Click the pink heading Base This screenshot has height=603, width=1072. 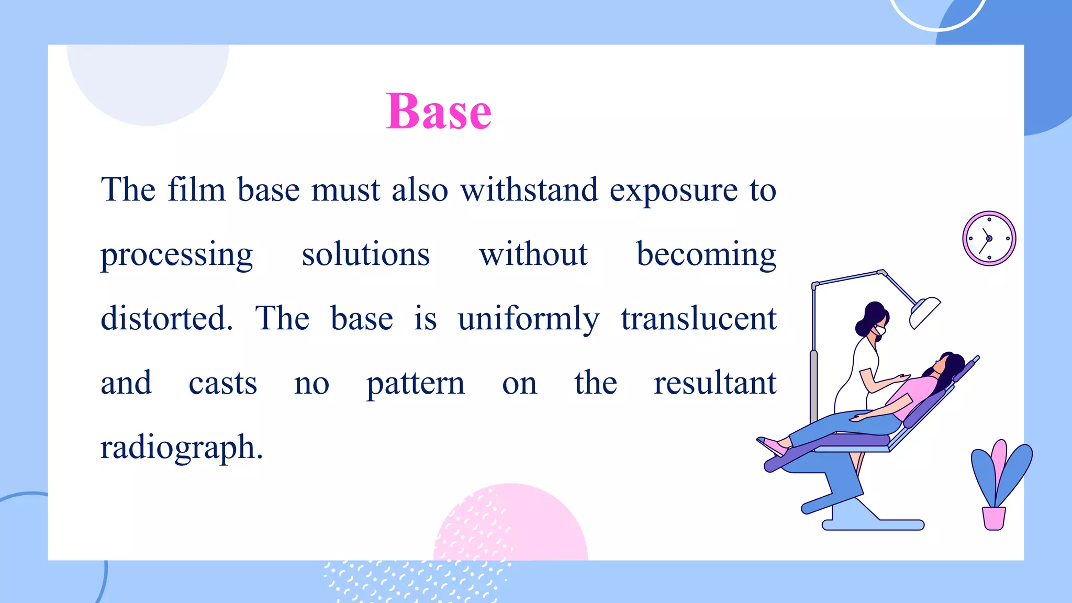point(439,111)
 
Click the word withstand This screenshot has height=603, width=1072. point(529,189)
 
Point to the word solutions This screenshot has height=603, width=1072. point(365,254)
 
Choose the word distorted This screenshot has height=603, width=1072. point(166,318)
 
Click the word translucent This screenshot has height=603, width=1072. point(698,318)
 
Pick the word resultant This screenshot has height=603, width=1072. point(714,383)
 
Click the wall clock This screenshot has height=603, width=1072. point(989,238)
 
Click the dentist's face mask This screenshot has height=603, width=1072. point(880,331)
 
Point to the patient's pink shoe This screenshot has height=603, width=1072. point(774,446)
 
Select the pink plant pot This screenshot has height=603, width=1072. point(993,518)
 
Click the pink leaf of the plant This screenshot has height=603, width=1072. point(998,461)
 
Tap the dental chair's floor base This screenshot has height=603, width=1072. point(873,524)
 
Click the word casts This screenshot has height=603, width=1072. point(222,383)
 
